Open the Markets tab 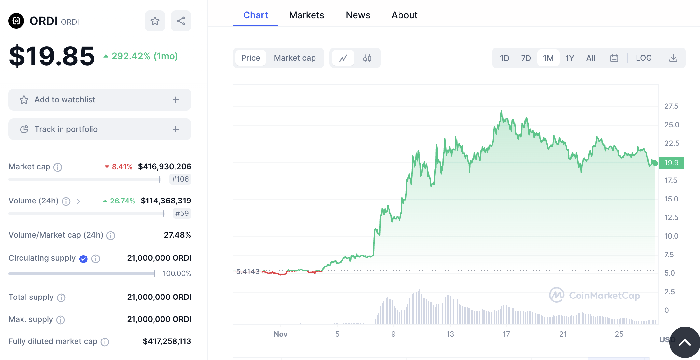306,15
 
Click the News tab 358,15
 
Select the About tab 404,15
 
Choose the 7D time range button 526,58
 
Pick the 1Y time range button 569,58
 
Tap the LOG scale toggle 644,58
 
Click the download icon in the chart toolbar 673,58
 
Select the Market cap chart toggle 295,58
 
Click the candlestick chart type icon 367,58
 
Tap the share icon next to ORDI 181,21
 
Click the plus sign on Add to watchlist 176,100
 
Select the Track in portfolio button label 66,129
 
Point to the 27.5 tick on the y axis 671,106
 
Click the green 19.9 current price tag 671,163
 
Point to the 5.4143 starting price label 248,271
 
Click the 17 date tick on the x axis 506,334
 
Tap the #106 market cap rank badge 180,179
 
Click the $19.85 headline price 52,56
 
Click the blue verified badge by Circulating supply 83,259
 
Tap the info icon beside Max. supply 61,320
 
